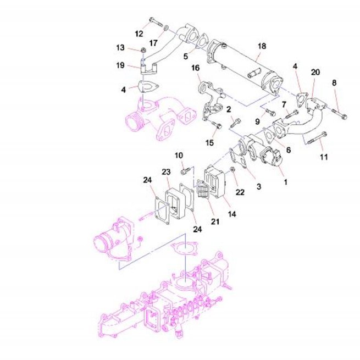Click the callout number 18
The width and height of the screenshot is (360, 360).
(262, 46)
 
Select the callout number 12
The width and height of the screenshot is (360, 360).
(139, 34)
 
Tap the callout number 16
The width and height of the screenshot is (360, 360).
(195, 68)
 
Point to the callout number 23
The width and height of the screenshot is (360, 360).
(166, 171)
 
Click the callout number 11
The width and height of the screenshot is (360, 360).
(324, 157)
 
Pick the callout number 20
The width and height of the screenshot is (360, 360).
(315, 72)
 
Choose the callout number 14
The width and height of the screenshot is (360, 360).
(232, 214)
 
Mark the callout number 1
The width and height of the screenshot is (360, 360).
(286, 182)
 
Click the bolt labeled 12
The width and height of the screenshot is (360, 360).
(156, 22)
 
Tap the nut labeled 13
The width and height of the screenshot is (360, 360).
(143, 50)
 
